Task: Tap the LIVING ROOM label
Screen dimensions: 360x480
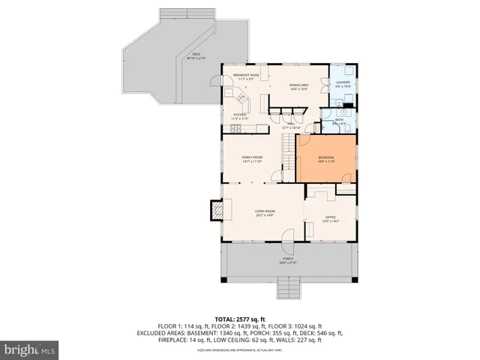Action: click(265, 212)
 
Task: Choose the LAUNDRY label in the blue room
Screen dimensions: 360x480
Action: click(343, 84)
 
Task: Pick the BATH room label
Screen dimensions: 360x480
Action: click(339, 121)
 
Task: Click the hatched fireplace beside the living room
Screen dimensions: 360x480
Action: click(216, 211)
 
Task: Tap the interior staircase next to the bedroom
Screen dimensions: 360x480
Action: click(286, 157)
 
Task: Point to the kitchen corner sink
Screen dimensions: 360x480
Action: click(241, 99)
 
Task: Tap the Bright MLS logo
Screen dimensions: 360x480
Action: click(29, 349)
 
